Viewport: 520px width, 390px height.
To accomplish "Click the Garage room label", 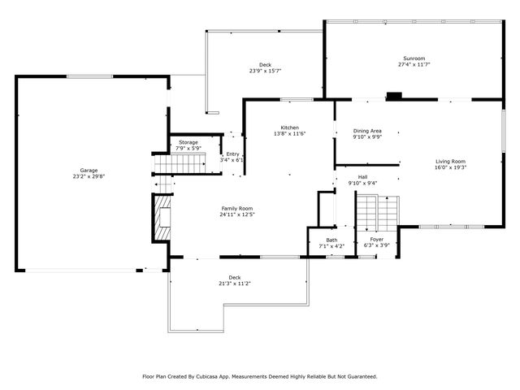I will [89, 171].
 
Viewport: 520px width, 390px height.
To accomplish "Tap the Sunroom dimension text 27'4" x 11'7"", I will [414, 65].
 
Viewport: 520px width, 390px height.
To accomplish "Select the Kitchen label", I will [290, 128].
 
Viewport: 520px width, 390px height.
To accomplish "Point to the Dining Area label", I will [367, 131].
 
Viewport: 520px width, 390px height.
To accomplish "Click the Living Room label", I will [450, 162].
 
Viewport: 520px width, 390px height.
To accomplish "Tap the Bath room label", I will [331, 240].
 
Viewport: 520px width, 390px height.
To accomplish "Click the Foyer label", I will [376, 240].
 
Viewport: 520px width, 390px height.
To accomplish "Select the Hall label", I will [362, 176].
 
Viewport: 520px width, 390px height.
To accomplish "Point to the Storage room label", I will [188, 142].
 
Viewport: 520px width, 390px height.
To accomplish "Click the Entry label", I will [233, 154].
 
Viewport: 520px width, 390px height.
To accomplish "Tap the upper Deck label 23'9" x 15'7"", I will [265, 65].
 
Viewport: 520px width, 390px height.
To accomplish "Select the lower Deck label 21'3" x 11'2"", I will [234, 277].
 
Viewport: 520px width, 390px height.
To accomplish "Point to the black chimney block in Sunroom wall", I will [395, 96].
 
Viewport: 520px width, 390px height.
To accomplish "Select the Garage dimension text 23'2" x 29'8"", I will [89, 176].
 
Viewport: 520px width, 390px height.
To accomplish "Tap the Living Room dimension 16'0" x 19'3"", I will [450, 167].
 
